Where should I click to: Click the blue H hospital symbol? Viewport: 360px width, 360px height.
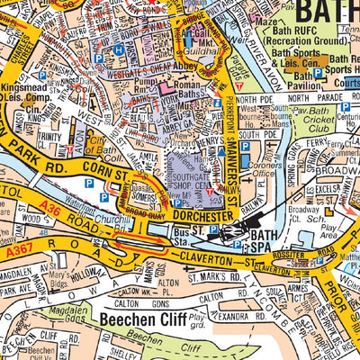click(x=119, y=50)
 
